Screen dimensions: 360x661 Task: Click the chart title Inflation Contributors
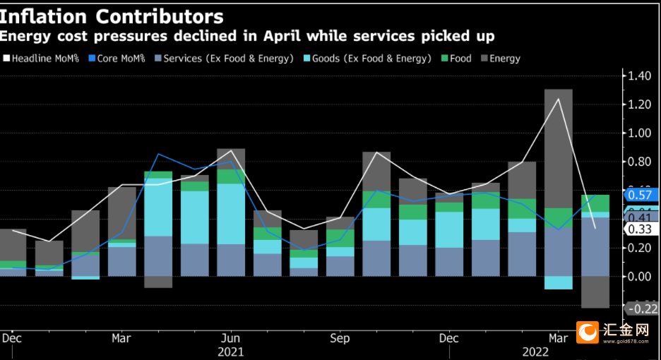point(113,16)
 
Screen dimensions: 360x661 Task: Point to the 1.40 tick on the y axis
point(639,76)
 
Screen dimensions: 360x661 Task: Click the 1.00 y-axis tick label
point(639,133)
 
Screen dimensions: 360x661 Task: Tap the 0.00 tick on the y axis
point(639,276)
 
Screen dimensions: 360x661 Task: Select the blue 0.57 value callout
point(641,195)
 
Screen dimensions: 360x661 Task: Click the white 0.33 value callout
point(641,229)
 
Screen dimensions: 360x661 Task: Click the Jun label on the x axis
point(230,338)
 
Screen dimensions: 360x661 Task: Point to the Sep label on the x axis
point(340,338)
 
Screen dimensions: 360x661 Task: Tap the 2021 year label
point(230,351)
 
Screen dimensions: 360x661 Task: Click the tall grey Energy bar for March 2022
point(558,148)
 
